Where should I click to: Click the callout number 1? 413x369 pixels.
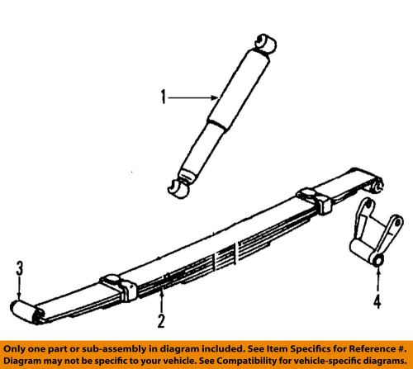(x=164, y=99)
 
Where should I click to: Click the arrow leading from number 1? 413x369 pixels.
(x=192, y=99)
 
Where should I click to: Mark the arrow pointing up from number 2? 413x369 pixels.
(x=162, y=299)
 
